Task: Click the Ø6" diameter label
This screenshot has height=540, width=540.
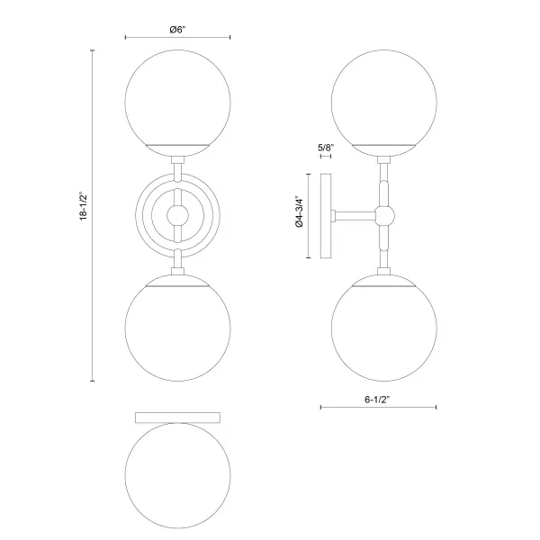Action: [x=177, y=29]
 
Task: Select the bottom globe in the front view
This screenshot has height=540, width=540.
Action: [x=178, y=327]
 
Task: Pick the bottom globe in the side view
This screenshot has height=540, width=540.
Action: [x=383, y=327]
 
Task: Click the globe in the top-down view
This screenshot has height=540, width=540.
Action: [x=178, y=478]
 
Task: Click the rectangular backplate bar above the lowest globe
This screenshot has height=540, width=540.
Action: [x=178, y=418]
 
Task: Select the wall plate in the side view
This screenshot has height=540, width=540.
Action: [x=328, y=216]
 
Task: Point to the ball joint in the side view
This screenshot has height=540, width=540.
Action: [x=384, y=215]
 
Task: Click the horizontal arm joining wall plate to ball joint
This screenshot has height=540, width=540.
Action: [x=356, y=216]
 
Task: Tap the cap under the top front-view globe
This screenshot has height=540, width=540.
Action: [x=178, y=147]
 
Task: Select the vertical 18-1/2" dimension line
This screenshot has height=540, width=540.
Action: [x=94, y=215]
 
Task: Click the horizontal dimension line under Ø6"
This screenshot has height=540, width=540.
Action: [x=177, y=38]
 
